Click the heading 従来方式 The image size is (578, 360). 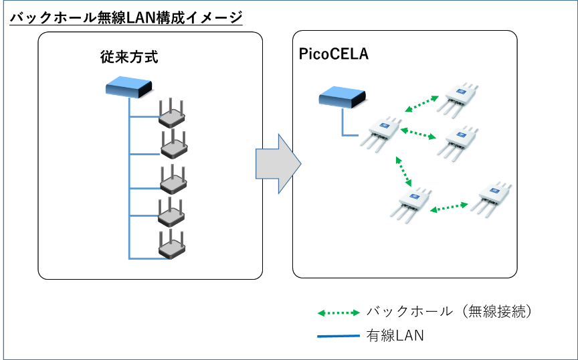tap(128, 57)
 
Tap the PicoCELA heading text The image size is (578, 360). tap(333, 54)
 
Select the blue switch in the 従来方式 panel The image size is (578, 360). tap(130, 86)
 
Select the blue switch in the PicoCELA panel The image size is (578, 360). tap(343, 98)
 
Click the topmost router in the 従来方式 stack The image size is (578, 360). tap(172, 115)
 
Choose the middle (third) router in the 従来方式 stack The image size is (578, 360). tap(172, 179)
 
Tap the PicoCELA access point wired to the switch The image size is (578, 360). tap(382, 133)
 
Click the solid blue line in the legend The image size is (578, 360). tap(339, 335)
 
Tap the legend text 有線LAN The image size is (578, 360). tap(395, 335)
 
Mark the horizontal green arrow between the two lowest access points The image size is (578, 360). tap(449, 208)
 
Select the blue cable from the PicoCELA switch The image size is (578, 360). tap(343, 124)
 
